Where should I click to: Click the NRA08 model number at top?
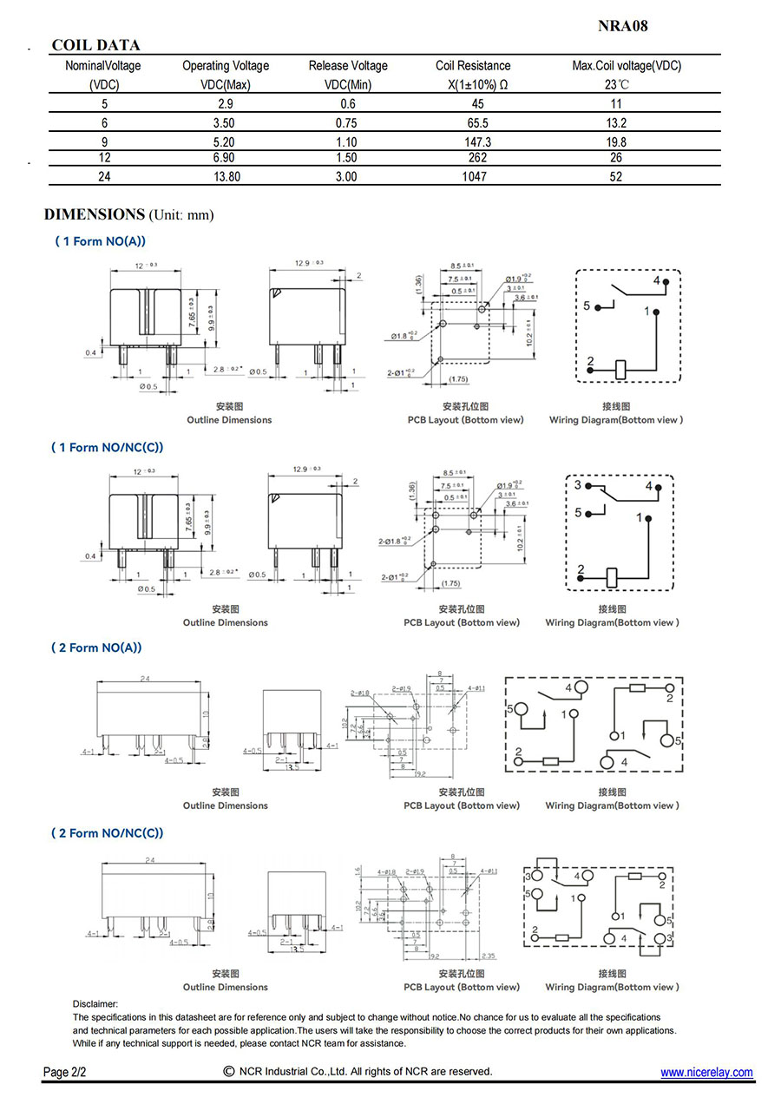(x=622, y=26)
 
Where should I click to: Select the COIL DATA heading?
(x=95, y=45)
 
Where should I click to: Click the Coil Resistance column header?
(x=473, y=66)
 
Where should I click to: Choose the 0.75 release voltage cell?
(x=345, y=122)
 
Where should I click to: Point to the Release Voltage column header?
(x=348, y=66)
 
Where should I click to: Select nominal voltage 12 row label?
(x=105, y=158)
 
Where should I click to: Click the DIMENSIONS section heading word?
(x=94, y=214)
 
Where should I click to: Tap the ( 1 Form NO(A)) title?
(x=101, y=241)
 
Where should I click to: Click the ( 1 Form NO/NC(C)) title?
(x=108, y=447)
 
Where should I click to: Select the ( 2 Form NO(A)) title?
(x=98, y=647)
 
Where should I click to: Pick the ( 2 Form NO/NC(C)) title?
(x=108, y=833)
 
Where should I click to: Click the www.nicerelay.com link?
(x=706, y=1073)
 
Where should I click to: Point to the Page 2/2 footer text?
(x=64, y=1073)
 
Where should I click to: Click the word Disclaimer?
(x=95, y=1003)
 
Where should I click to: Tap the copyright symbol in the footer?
(x=229, y=1071)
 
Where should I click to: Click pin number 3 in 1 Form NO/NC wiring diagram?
(x=578, y=485)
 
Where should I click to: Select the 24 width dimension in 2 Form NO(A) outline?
(x=145, y=679)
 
